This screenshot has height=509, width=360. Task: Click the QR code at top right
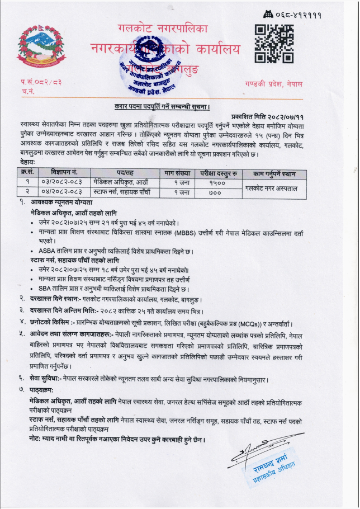coord(271,43)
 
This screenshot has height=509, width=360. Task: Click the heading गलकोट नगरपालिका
coord(162,28)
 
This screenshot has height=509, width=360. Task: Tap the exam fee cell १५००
coord(215,183)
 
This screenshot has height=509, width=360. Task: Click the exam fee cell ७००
coord(215,192)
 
